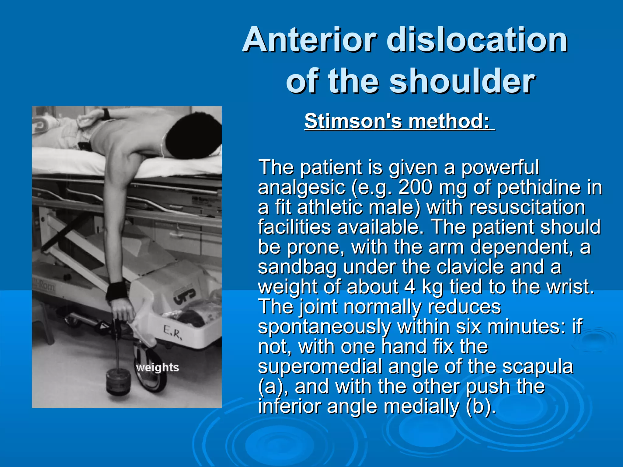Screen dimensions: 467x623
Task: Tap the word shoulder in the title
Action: pyautogui.click(x=462, y=81)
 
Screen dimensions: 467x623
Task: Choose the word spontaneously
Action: pyautogui.click(x=324, y=327)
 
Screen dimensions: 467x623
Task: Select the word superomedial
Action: pyautogui.click(x=319, y=366)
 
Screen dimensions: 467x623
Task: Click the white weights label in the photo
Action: pyautogui.click(x=157, y=368)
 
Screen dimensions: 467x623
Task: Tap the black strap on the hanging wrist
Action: pyautogui.click(x=117, y=291)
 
